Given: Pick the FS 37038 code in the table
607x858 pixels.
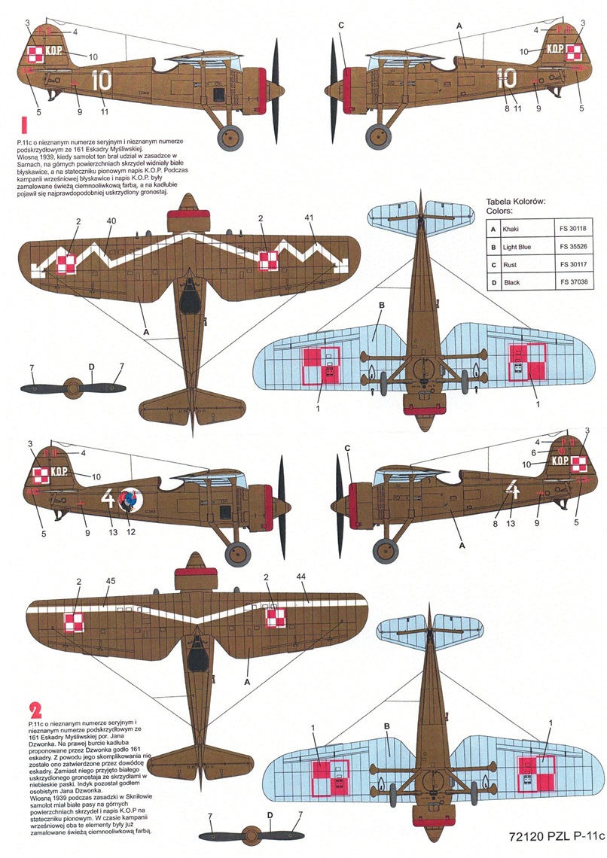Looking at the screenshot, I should point(574,281).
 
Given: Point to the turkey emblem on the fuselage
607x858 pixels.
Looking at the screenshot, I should point(134,500).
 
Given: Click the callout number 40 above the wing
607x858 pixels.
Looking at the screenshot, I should point(111,221).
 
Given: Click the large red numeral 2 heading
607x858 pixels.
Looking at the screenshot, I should point(35,710).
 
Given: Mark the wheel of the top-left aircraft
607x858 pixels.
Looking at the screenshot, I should point(230,137).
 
